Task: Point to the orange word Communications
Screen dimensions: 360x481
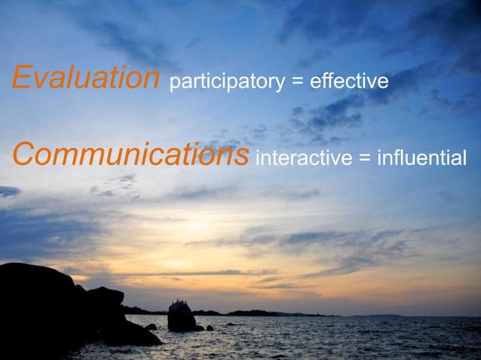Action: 130,155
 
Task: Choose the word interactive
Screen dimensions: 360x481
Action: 305,157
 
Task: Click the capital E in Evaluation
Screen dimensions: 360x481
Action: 21,78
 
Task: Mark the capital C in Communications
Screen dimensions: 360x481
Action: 24,154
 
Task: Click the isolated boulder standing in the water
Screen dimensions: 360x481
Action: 182,317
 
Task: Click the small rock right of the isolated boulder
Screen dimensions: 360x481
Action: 209,328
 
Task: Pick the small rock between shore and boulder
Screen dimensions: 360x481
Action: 152,327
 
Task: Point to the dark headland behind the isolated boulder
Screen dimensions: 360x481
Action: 249,313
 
